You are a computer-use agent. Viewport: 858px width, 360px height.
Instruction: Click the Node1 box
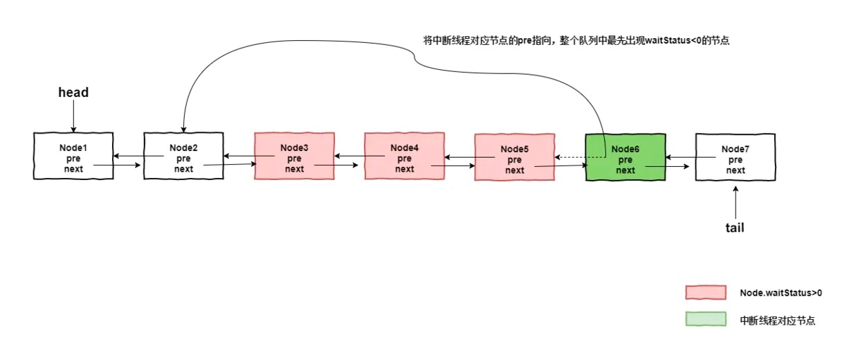[x=73, y=156]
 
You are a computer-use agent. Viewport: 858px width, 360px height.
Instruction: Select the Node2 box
[x=183, y=156]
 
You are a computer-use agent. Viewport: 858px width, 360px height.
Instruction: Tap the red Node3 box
[x=294, y=156]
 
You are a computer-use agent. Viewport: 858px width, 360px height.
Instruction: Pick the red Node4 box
[x=404, y=156]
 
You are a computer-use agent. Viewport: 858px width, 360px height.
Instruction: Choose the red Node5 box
[x=514, y=156]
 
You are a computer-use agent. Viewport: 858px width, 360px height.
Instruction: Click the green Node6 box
[x=625, y=156]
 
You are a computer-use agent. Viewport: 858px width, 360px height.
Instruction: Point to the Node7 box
[x=735, y=156]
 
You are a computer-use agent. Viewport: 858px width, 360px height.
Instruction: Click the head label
[x=73, y=92]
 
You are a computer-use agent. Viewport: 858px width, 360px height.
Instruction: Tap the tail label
[x=735, y=227]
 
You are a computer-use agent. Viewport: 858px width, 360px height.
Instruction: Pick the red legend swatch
[x=705, y=292]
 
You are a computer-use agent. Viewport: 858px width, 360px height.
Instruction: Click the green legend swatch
[x=705, y=320]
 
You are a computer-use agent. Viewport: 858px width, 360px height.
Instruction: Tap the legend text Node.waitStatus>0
[x=781, y=293]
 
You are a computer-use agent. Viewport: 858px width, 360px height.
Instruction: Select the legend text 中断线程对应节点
[x=778, y=321]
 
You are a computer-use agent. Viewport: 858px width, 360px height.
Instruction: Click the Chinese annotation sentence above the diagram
[x=576, y=41]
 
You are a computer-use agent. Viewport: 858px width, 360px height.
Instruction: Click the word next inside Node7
[x=736, y=170]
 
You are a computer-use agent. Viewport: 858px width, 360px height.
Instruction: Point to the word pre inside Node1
[x=73, y=159]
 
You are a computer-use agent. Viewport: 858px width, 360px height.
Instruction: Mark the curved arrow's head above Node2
[x=183, y=129]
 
